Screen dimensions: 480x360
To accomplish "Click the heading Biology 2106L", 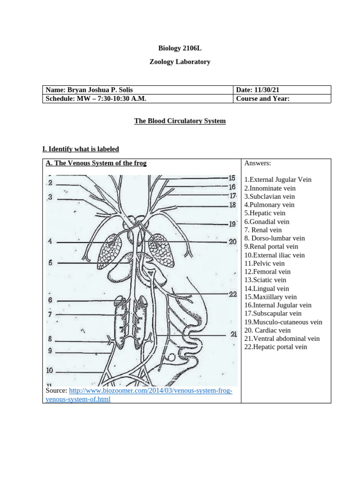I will coord(180,48).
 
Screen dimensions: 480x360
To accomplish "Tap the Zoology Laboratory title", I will coord(180,61).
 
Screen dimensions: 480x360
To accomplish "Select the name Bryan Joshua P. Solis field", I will coord(92,90).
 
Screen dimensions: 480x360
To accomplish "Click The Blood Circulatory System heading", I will coord(180,121).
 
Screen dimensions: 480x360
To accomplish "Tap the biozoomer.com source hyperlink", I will coord(150,391).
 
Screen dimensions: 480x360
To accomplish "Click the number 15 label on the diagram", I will coord(232,178).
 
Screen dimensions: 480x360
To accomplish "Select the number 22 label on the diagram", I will coord(232,294).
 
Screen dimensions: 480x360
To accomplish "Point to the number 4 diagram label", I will coord(50,242).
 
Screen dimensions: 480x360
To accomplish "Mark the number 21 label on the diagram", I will coord(233,335).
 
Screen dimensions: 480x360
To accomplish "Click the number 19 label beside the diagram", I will coord(232,224).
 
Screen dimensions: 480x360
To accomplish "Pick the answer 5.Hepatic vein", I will coord(265,213).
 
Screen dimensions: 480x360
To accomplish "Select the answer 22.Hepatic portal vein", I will coord(276,347).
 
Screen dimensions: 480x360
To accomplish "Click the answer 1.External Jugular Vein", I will coord(277,180).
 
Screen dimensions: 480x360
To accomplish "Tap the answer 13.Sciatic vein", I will coord(265,280).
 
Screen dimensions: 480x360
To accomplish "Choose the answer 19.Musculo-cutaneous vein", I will coord(283,322).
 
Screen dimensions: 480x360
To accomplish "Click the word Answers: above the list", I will coord(257,163).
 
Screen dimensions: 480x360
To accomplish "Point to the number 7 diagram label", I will coord(50,315).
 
